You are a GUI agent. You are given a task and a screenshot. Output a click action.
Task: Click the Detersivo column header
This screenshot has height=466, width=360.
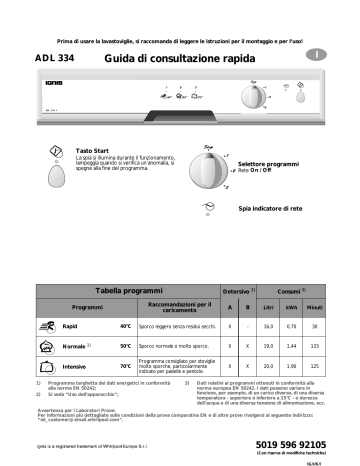point(236,289)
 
